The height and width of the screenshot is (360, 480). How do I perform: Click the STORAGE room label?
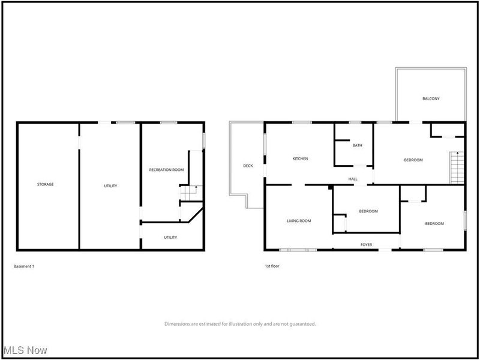(46, 185)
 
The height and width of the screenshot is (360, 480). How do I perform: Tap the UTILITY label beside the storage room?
(110, 186)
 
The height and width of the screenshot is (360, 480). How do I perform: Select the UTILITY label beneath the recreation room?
(170, 238)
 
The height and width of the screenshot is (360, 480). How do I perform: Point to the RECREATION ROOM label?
(166, 170)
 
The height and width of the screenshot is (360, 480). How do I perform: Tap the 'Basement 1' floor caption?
(24, 266)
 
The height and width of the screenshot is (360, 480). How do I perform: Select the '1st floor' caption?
(272, 266)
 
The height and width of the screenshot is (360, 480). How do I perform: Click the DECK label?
(247, 166)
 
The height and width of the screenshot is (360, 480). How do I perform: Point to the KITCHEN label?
(300, 159)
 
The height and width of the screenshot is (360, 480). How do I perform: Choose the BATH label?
(357, 146)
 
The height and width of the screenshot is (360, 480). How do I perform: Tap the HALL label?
(353, 179)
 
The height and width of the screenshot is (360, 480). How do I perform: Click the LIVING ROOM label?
(298, 221)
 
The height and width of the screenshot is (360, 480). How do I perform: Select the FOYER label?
(366, 245)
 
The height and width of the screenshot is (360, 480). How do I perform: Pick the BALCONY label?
(431, 99)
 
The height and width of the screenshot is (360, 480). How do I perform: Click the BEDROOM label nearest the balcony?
(413, 160)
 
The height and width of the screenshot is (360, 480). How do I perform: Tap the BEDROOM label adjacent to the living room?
(368, 211)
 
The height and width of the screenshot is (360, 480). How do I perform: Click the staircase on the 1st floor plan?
(457, 168)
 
